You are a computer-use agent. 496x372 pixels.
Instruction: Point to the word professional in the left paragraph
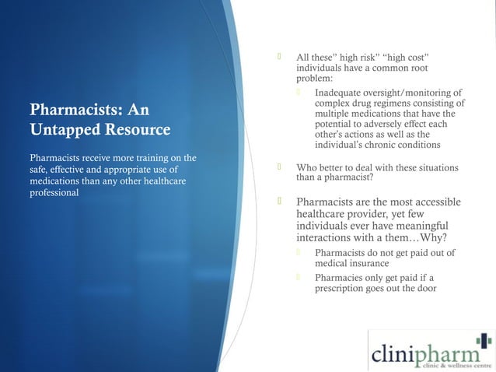[x=54, y=193]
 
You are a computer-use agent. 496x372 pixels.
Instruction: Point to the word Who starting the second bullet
[x=306, y=167]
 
